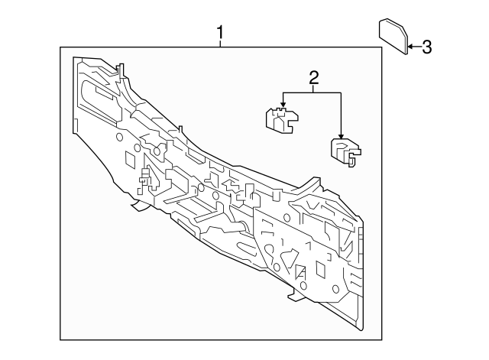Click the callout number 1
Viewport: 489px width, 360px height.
coord(221,33)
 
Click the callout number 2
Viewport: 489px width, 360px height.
coord(313,76)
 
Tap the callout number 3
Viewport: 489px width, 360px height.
coord(426,47)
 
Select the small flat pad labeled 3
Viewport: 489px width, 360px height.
coord(393,37)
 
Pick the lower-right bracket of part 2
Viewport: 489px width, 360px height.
coord(343,151)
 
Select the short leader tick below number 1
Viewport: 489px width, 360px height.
coord(221,44)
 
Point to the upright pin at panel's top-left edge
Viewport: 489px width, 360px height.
coord(119,70)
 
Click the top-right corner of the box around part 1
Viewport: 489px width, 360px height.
coord(381,48)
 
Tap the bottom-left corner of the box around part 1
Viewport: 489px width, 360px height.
coord(61,339)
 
